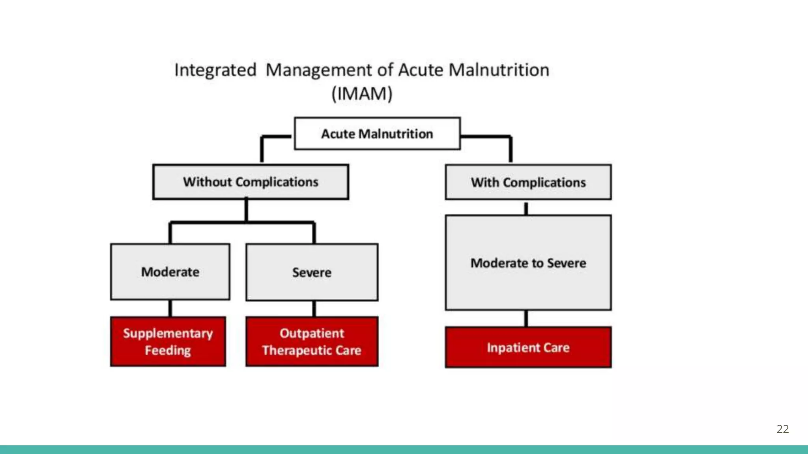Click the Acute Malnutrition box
[377, 134]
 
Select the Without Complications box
[251, 182]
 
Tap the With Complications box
[528, 182]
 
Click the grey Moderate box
[170, 272]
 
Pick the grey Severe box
[312, 272]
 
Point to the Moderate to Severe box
[528, 263]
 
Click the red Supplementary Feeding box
[168, 342]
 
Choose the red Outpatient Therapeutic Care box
[312, 342]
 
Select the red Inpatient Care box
[528, 348]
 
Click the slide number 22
[782, 429]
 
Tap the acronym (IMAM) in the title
[362, 94]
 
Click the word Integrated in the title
[215, 70]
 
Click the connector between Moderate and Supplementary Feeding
[170, 309]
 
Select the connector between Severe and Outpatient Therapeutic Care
[314, 309]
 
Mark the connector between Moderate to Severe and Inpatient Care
[526, 318]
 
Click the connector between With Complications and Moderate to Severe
[526, 208]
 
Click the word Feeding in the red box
[168, 350]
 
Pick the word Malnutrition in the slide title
[499, 70]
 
